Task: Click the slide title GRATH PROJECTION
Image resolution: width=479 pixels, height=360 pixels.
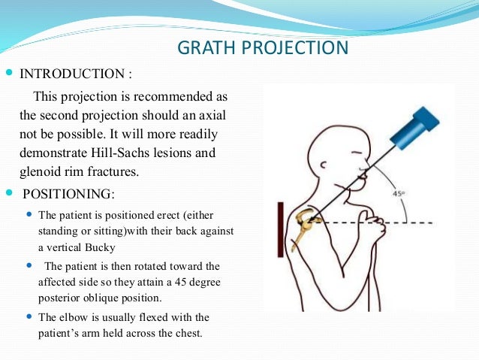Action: click(262, 48)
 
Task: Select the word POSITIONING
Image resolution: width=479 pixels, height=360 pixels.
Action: click(66, 194)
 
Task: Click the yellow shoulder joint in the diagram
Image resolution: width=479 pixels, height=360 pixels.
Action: click(306, 223)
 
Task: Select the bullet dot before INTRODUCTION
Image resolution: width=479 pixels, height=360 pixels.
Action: click(9, 74)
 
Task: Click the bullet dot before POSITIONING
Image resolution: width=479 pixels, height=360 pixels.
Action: click(9, 194)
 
